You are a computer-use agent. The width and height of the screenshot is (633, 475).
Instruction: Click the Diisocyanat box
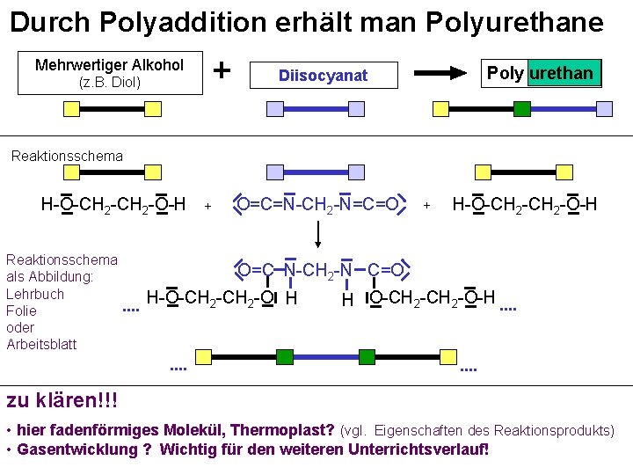click(323, 76)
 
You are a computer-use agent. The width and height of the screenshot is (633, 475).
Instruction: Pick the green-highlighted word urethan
click(563, 73)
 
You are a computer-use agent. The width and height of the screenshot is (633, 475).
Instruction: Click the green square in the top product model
click(521, 109)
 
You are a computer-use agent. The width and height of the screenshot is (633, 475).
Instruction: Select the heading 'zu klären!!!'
click(62, 401)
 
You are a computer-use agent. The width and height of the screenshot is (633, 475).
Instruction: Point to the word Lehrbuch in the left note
click(35, 294)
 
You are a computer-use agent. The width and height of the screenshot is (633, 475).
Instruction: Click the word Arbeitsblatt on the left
click(41, 344)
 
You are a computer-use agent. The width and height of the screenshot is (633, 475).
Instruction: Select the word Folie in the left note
click(21, 311)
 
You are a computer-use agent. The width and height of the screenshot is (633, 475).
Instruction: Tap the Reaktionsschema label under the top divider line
click(67, 156)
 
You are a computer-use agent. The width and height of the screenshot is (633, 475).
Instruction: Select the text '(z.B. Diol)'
click(109, 83)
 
